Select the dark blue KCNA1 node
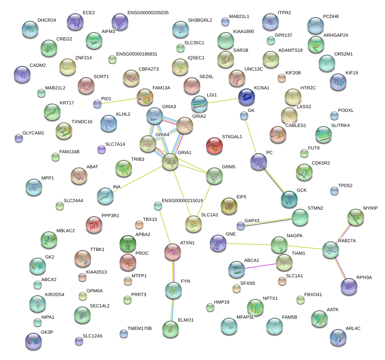pos(247,97)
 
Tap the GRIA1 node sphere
pos(170,162)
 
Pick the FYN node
pos(173,290)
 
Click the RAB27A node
pos(331,250)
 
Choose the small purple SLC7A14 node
pos(101,149)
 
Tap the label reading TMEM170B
pos(140,329)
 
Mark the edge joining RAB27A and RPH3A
pos(340,268)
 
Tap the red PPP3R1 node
pos(94,225)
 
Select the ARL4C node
pos(338,337)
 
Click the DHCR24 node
pos(30,29)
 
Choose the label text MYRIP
pos(370,208)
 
